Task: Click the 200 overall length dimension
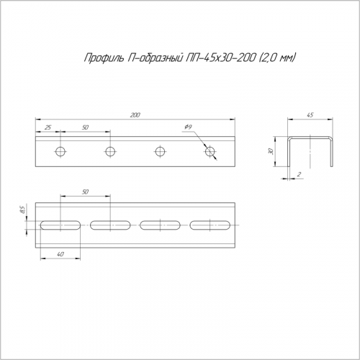tap(135, 115)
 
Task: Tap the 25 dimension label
tap(48, 127)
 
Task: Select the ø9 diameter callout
tap(188, 127)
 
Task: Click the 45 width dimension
tap(310, 115)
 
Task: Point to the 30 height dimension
tap(271, 151)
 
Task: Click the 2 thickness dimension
tap(299, 174)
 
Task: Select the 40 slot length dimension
tap(61, 254)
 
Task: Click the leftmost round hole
tap(60, 151)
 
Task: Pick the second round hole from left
tap(110, 151)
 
